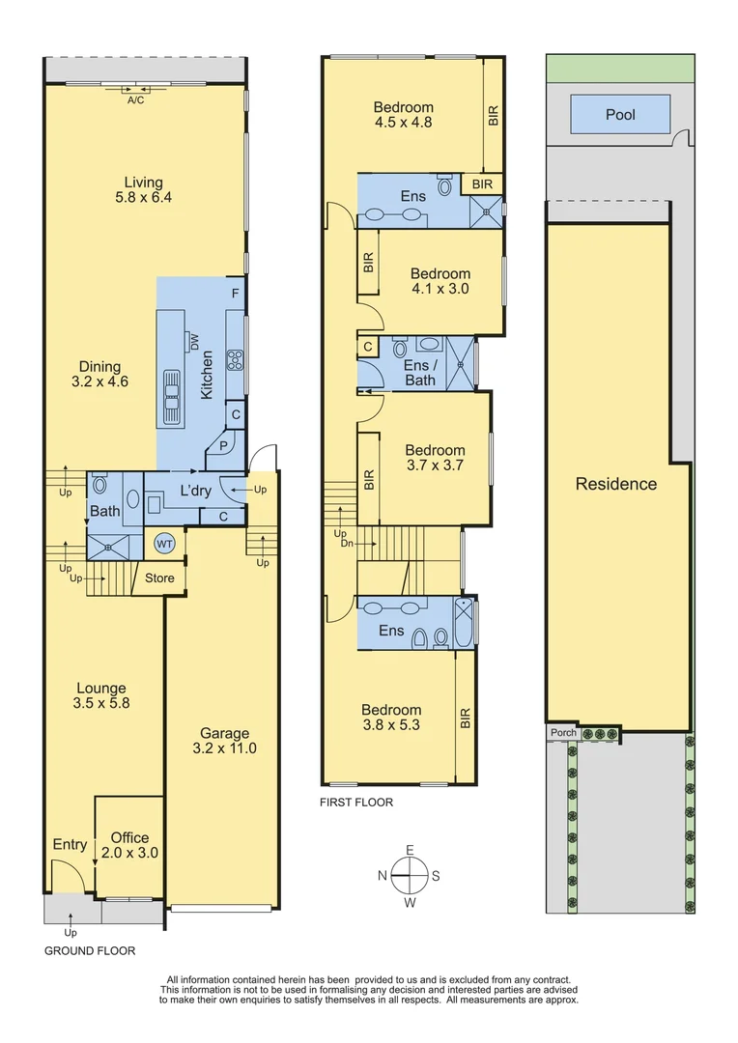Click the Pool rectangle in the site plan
pos(620,115)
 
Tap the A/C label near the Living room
pos(135,99)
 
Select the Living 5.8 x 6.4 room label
pos(143,190)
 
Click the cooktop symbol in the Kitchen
pos(234,360)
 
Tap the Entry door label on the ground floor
pos(70,845)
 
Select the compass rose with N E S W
pos(410,876)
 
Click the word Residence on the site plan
pos(615,484)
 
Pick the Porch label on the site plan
pos(563,733)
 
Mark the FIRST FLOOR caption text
pos(356,803)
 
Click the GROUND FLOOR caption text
pos(90,951)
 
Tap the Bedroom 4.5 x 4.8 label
pos(404,115)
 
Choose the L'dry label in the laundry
pos(196,492)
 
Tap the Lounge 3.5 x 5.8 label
pos(102,695)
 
